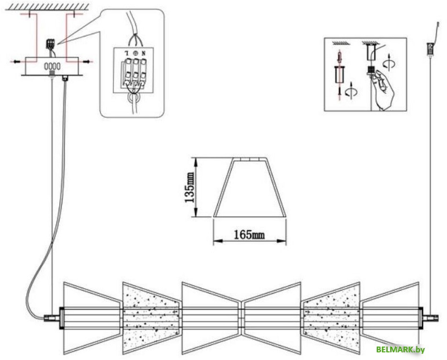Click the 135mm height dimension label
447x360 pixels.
[x=190, y=188]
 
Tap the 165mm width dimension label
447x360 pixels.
[x=249, y=235]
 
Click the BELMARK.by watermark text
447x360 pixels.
[x=401, y=349]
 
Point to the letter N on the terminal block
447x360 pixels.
[x=143, y=53]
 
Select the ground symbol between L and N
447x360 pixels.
[x=135, y=53]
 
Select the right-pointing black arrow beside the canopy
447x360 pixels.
[x=87, y=61]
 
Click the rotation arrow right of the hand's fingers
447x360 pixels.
[x=389, y=63]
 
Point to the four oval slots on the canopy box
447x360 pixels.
[x=52, y=66]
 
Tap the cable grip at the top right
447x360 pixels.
[x=430, y=48]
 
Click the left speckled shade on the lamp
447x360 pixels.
[x=151, y=318]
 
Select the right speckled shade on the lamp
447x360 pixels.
[x=331, y=318]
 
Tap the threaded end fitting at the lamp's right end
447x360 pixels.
[x=430, y=318]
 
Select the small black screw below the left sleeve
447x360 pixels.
[x=339, y=90]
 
